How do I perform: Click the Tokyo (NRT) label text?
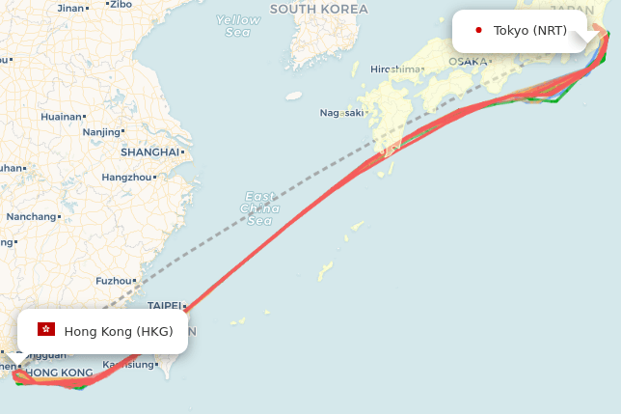(530, 31)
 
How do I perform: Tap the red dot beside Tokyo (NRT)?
(479, 31)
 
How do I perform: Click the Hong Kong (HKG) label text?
(119, 331)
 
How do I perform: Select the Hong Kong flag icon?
(45, 330)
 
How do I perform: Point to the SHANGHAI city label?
(150, 152)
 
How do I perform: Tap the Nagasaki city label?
(341, 113)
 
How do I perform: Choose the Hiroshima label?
(395, 69)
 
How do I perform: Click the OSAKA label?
(468, 62)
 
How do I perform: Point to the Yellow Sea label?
(238, 26)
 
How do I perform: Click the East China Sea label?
(259, 207)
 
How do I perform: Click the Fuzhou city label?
(113, 281)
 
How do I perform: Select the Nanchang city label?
(31, 216)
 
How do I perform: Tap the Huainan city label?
(62, 117)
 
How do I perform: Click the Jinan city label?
(70, 8)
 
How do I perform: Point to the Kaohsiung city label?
(128, 365)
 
